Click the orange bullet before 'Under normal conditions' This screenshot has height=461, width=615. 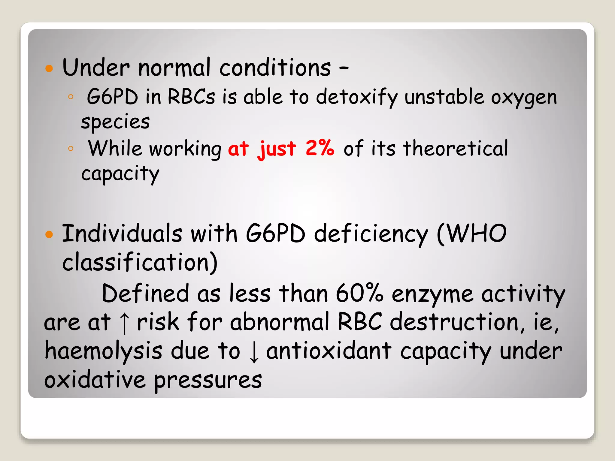(49, 68)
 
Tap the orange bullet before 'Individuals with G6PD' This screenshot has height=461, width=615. (49, 234)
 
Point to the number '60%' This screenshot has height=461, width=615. (359, 293)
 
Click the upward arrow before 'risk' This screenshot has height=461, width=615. (124, 323)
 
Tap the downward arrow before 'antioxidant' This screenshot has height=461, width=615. (254, 352)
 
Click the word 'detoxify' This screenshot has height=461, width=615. (357, 98)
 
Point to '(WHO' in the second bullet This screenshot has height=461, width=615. (471, 234)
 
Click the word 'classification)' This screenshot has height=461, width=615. (140, 262)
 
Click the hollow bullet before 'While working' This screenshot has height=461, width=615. (71, 148)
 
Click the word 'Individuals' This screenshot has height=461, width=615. (122, 234)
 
